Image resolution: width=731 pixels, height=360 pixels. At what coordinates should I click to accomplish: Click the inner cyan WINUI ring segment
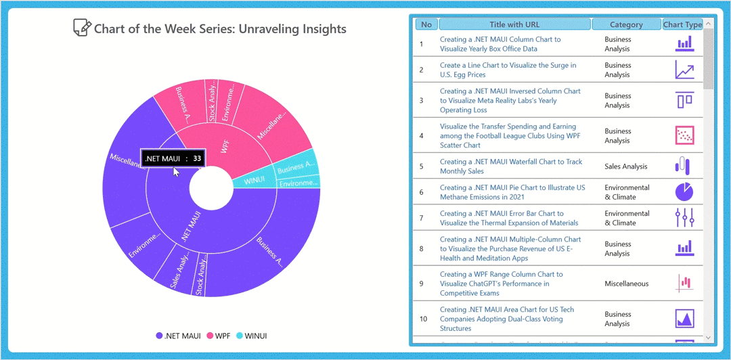point(254,181)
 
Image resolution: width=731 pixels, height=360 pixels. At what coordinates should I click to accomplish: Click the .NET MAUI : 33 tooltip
point(173,158)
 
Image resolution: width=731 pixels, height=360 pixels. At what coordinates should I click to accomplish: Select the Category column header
point(626,24)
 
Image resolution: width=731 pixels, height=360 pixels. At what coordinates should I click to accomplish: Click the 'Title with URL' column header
point(514,24)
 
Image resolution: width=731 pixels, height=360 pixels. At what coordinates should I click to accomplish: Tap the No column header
point(426,24)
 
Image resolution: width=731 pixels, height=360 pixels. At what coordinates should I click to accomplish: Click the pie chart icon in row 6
point(684,192)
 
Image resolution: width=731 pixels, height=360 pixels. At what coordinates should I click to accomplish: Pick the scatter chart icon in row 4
point(684,135)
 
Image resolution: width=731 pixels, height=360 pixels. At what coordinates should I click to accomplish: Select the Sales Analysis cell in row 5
point(625,166)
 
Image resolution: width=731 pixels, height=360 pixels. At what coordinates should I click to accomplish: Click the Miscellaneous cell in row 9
point(626,284)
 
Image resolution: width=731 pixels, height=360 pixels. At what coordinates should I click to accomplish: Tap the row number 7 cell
point(421,218)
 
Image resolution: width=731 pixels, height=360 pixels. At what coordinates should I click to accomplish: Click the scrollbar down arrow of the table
point(708,338)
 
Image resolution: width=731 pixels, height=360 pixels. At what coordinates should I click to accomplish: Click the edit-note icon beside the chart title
point(81,28)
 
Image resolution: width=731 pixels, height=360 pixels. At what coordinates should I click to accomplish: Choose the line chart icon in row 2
point(684,70)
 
